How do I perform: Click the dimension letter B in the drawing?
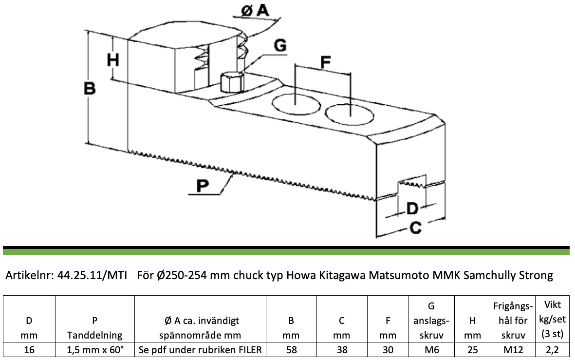pos(90,89)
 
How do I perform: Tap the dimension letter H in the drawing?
pos(113,60)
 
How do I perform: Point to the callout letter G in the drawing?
pos(280,45)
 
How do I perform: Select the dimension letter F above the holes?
pos(326,62)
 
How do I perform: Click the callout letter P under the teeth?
pos(203,186)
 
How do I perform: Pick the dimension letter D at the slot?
pos(412,208)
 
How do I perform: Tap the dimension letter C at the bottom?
pos(415,227)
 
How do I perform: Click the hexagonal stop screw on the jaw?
pos(232,82)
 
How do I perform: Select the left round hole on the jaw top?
pos(296,104)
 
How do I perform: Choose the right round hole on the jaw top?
pos(350,114)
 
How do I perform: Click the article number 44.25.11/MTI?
pos(93,275)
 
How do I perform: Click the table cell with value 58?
pos(291,350)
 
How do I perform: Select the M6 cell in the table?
pos(432,350)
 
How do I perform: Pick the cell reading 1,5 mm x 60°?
pos(95,350)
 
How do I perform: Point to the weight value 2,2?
pos(552,350)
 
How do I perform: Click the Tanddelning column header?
pos(94,335)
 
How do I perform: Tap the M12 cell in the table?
pos(513,350)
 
